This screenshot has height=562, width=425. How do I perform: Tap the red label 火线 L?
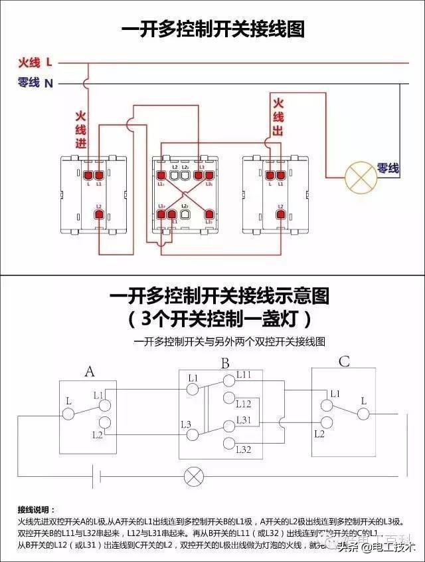coord(35,63)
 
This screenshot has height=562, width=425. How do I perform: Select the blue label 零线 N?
coord(35,83)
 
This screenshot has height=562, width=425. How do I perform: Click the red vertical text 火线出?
coord(278,117)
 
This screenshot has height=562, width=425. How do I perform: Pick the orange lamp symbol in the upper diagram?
coord(361,178)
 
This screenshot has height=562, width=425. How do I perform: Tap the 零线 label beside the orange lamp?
coord(388,169)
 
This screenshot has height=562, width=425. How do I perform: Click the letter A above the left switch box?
coord(90,371)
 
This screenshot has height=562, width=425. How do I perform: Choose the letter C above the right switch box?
coord(344,362)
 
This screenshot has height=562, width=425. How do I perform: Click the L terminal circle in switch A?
coord(68,414)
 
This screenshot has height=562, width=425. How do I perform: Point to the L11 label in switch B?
coord(244,376)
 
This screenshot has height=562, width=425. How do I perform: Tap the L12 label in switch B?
coord(244,404)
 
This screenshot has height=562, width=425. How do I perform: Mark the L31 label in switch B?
coord(244,420)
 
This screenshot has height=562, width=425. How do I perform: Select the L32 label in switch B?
coord(244,450)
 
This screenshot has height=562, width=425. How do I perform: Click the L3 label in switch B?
coord(186,424)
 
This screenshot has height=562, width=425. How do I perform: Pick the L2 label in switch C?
coord(319,434)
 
